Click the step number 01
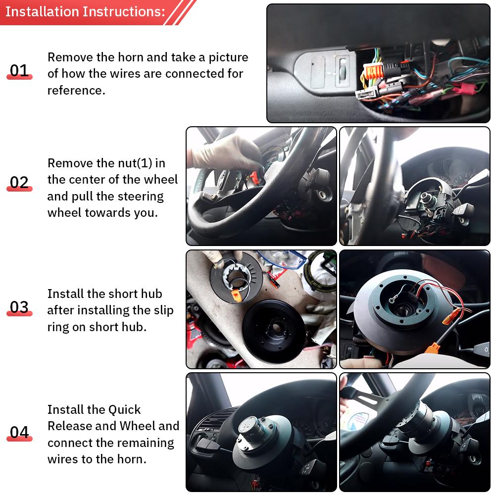[x=19, y=70]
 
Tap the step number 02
[x=19, y=182]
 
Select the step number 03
[x=19, y=307]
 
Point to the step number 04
[x=19, y=432]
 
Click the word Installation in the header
[x=42, y=11]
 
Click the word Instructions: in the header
[x=123, y=11]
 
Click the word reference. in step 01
[x=76, y=91]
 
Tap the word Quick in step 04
[x=125, y=410]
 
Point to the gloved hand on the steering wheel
[x=223, y=151]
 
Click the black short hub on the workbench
[x=277, y=332]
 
